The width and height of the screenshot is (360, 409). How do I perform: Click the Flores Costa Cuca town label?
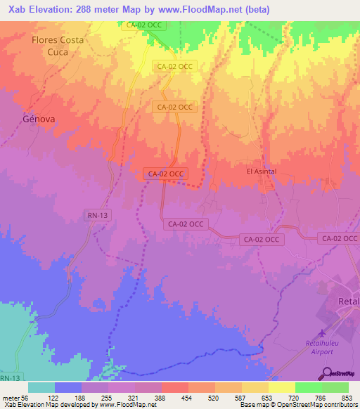pyautogui.click(x=58, y=46)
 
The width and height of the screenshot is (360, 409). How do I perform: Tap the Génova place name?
pyautogui.click(x=39, y=119)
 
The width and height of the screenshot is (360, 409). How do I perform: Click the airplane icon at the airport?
pyautogui.click(x=322, y=333)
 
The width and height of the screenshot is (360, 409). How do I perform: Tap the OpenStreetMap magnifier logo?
pyautogui.click(x=327, y=372)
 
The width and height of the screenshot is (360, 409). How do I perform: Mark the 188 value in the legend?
pyautogui.click(x=81, y=397)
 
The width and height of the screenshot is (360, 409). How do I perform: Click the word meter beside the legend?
pyautogui.click(x=10, y=397)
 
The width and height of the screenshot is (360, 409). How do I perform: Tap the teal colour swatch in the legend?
pyautogui.click(x=41, y=387)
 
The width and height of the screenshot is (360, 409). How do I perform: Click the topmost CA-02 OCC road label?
pyautogui.click(x=144, y=25)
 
